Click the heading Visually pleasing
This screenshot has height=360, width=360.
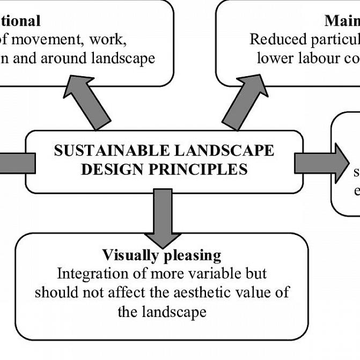161,254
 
